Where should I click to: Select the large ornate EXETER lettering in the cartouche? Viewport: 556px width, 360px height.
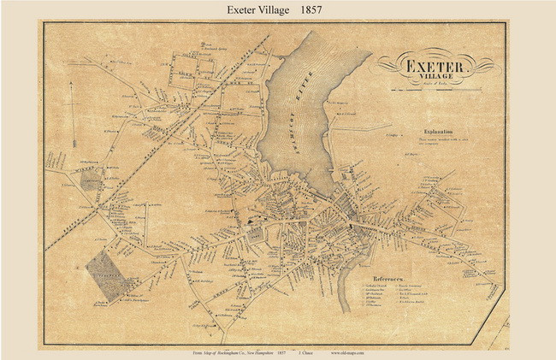(435, 63)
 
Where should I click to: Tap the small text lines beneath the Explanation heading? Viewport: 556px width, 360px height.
(441, 142)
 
